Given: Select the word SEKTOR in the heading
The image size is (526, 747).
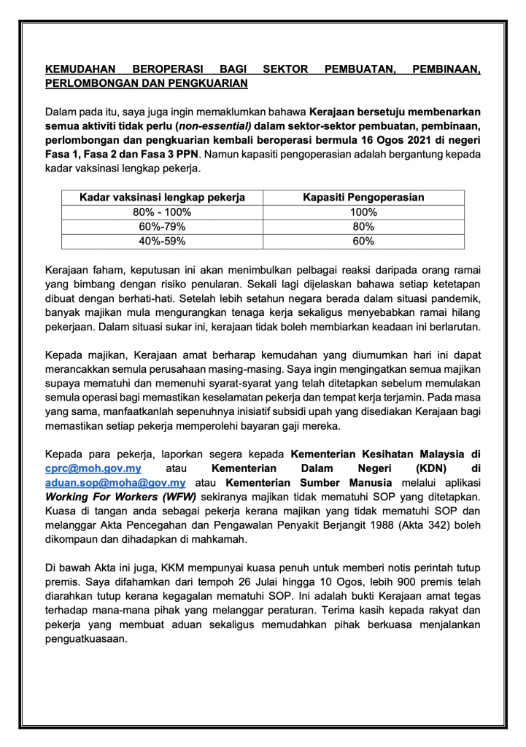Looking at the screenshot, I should pos(285,70).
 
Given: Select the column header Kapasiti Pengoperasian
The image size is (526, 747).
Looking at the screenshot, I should pos(363,198).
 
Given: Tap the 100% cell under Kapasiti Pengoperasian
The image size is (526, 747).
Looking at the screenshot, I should pos(363,212).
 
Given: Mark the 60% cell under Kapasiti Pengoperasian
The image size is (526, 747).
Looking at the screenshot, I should pos(363,241).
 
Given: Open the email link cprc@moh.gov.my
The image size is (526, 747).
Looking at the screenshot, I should pos(93,468).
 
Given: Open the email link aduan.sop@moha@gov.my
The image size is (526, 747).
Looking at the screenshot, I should pos(115,482).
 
